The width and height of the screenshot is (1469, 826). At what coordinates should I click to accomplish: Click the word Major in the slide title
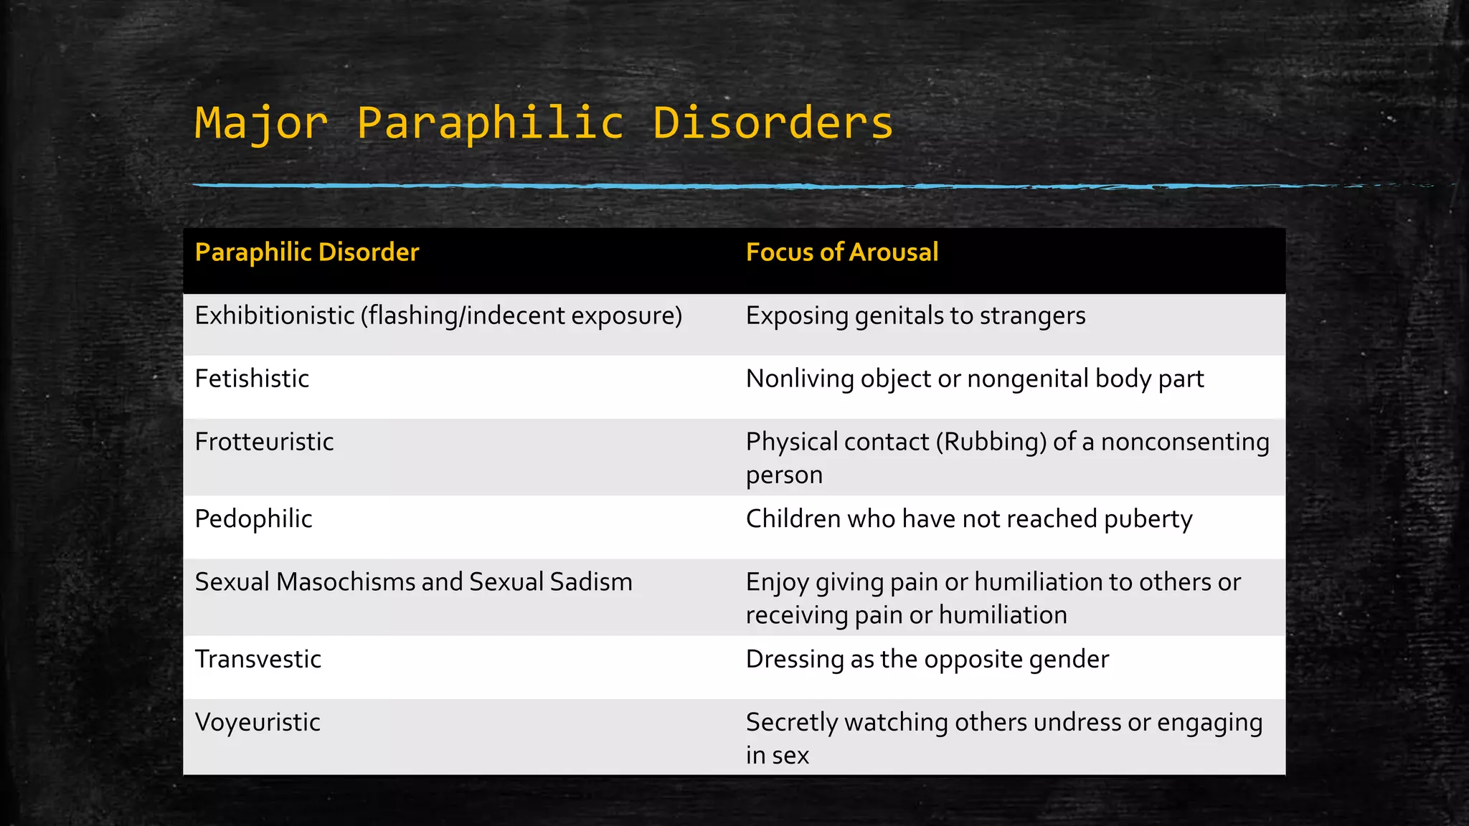tap(261, 123)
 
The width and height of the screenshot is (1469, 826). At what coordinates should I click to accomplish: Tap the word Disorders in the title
tap(773, 123)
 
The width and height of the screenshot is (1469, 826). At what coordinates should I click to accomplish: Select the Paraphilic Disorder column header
tap(307, 252)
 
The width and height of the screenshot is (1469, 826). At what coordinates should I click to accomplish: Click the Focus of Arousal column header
tap(841, 252)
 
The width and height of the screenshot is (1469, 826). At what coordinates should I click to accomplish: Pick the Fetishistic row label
tap(252, 379)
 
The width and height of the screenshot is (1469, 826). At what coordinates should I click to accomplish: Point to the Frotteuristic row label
tap(264, 442)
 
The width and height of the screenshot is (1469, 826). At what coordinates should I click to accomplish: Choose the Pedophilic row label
tap(253, 519)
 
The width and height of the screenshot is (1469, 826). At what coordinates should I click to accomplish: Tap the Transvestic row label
tap(258, 659)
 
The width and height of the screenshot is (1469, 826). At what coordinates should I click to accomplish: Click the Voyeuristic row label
tap(258, 722)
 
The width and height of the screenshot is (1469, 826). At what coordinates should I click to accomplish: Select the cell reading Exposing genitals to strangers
tap(915, 315)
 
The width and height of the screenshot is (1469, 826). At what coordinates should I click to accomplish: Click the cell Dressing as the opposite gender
tap(927, 659)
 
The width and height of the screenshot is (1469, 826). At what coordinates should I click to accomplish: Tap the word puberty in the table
tap(1148, 519)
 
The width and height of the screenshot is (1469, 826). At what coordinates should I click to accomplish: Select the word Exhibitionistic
tap(275, 315)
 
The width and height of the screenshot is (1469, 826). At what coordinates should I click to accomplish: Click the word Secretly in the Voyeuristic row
tap(791, 723)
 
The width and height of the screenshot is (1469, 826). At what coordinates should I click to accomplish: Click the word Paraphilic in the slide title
tap(491, 123)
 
